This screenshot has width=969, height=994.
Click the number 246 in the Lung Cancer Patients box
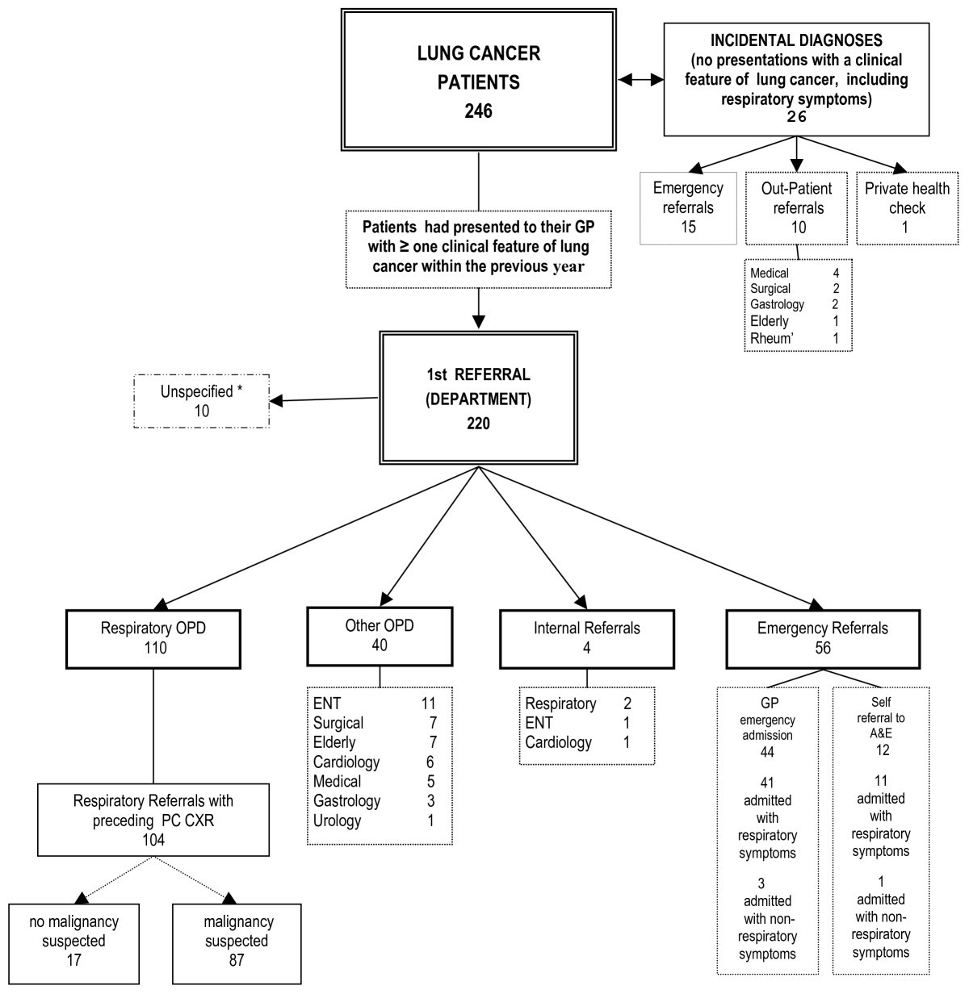478,111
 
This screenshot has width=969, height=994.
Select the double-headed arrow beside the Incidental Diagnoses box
640,79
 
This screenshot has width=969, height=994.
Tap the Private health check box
907,207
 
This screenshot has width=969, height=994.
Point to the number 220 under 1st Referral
478,420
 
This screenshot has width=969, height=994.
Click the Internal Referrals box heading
586,628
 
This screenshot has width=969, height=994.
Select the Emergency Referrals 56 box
822,637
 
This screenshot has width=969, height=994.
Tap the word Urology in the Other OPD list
338,821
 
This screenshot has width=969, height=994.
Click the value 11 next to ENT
428,704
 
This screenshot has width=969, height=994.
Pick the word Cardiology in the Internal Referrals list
559,742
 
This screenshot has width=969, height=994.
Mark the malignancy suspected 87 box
237,941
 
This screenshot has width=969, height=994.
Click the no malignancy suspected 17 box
73,941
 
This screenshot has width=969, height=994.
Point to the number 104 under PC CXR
153,838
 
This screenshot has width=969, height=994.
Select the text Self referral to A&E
880,718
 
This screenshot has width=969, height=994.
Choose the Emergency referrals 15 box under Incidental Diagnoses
687,207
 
